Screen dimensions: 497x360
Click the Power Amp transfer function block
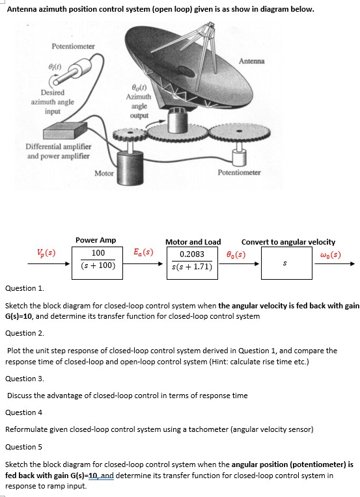tap(98, 260)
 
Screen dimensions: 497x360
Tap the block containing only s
tap(282, 263)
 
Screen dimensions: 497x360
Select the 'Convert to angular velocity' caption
tap(288, 241)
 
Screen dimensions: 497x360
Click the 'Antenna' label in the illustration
tap(251, 61)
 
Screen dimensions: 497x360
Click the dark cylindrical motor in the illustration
tap(132, 161)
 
